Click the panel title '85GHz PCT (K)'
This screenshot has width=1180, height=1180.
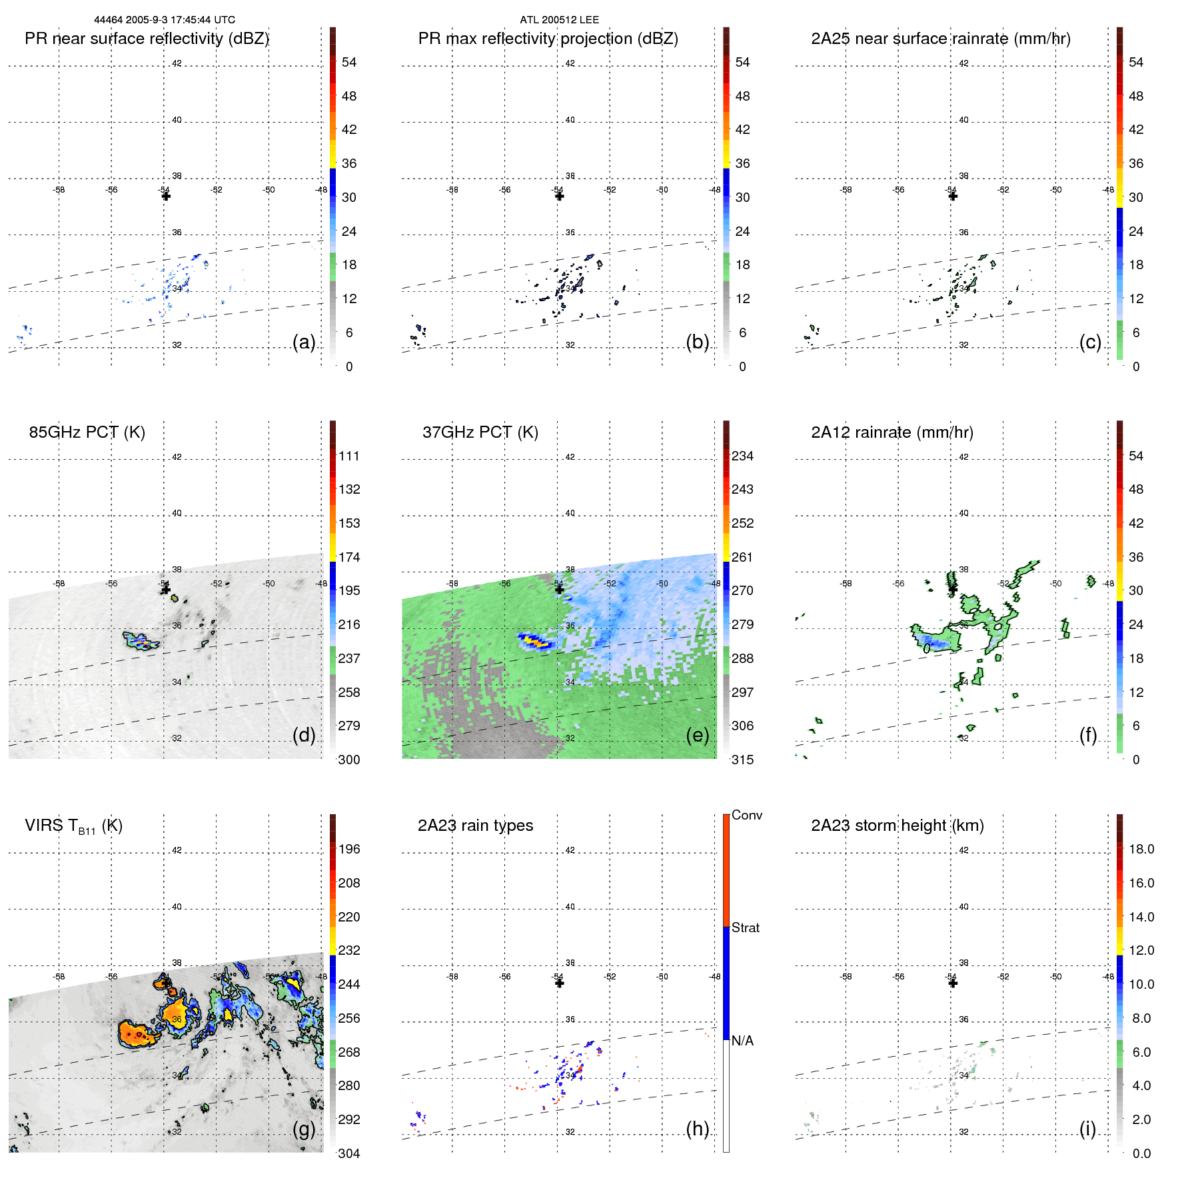pos(87,432)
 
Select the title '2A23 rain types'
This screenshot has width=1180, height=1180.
pos(475,826)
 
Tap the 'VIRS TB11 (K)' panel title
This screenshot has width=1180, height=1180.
pos(73,826)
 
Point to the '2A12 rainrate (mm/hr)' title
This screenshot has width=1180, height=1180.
pos(891,432)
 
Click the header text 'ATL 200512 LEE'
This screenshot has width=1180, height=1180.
pos(559,20)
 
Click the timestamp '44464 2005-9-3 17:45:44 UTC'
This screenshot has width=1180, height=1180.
pos(165,20)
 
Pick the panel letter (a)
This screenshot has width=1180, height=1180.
pos(304,342)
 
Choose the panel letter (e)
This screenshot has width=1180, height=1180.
pos(697,735)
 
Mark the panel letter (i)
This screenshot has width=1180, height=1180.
pos(1087,1129)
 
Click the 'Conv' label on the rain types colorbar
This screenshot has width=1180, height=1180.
pos(746,815)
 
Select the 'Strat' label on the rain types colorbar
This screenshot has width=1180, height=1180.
pos(745,927)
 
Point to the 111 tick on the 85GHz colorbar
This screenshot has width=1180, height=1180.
pos(349,456)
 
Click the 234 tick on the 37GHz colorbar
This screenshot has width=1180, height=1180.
pos(742,456)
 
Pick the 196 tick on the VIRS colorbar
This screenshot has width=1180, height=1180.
pos(349,850)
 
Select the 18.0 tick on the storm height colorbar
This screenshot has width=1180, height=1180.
pos(1141,850)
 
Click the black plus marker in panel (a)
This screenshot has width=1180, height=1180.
pos(166,196)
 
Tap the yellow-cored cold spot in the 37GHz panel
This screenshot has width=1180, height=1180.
pos(535,642)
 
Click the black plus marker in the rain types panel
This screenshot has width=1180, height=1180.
pos(559,983)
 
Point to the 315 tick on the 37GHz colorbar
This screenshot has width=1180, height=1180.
pos(742,760)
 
